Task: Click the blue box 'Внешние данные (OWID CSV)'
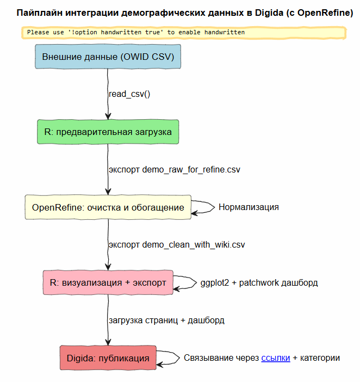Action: tap(108, 57)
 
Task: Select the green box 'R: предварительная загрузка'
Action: tap(108, 132)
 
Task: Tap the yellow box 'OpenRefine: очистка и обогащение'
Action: tap(108, 207)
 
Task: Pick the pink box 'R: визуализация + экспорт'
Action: tap(108, 282)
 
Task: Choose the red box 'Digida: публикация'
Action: tap(108, 358)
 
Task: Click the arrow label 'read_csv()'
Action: tap(129, 94)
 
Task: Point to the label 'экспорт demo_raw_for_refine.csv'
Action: tap(175, 170)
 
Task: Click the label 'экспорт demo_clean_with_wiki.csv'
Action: tap(177, 245)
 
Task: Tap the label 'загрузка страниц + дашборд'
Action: tap(166, 321)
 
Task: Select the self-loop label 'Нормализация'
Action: tap(249, 207)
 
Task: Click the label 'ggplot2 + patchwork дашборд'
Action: tap(259, 283)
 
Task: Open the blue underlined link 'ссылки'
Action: tap(276, 358)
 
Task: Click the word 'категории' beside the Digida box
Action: tap(320, 358)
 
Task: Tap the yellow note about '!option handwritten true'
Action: tap(184, 33)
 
